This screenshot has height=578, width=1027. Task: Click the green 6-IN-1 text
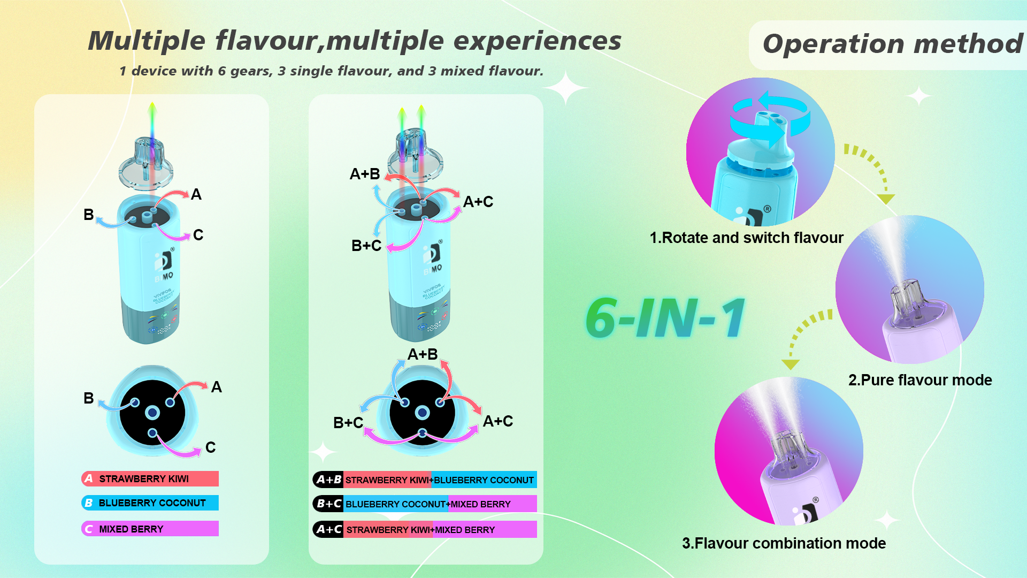point(665,318)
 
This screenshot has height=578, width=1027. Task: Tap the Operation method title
point(892,44)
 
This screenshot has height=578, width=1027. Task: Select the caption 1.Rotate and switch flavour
point(746,238)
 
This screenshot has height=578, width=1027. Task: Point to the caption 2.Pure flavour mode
point(919,380)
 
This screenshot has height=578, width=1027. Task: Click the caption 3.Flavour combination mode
point(784,543)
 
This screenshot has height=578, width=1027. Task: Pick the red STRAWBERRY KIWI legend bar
point(150,478)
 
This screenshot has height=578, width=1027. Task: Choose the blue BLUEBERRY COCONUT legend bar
point(150,503)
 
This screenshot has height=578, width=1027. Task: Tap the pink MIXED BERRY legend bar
point(150,529)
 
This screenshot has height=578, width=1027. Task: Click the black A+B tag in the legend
point(328,480)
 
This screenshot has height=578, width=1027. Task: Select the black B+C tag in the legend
point(328,504)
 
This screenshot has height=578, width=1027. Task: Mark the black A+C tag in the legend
point(328,529)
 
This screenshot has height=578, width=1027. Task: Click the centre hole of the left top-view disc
point(152,413)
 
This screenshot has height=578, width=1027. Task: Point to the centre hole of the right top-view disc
point(423,413)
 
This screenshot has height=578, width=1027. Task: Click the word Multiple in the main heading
point(147,41)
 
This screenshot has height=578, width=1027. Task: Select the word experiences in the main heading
point(537,41)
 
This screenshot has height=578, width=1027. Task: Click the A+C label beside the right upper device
point(478,202)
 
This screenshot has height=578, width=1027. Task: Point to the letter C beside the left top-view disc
point(210,447)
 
